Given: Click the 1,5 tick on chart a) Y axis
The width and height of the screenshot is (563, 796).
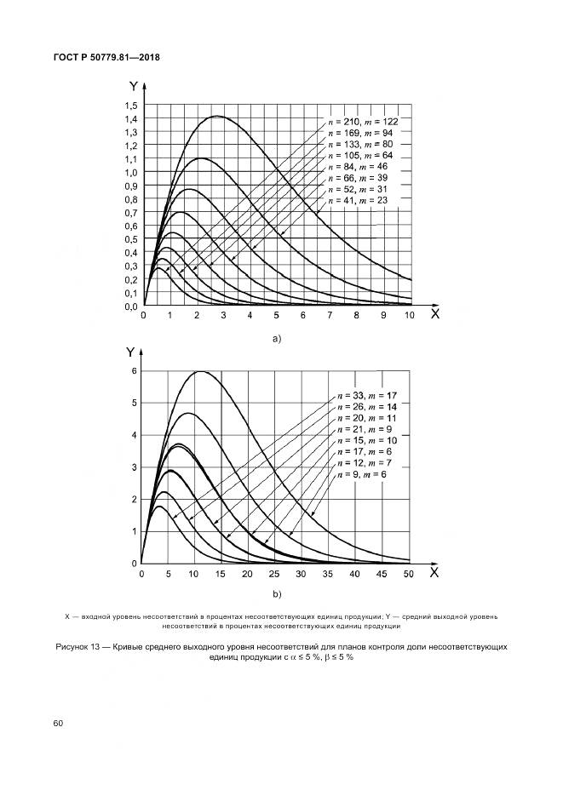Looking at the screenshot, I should (131, 106).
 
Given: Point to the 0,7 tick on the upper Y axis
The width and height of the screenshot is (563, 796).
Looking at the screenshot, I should (131, 213).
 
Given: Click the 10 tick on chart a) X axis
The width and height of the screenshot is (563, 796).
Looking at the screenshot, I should (410, 316).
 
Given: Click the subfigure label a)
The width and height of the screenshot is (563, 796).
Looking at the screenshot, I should (276, 338).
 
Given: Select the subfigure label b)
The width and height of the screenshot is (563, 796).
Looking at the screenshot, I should (276, 593).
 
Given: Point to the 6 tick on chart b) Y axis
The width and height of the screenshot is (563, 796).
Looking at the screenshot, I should (133, 371).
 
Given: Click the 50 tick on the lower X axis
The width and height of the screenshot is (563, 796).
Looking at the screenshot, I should (408, 576).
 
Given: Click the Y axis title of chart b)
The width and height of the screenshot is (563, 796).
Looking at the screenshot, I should (129, 351).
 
